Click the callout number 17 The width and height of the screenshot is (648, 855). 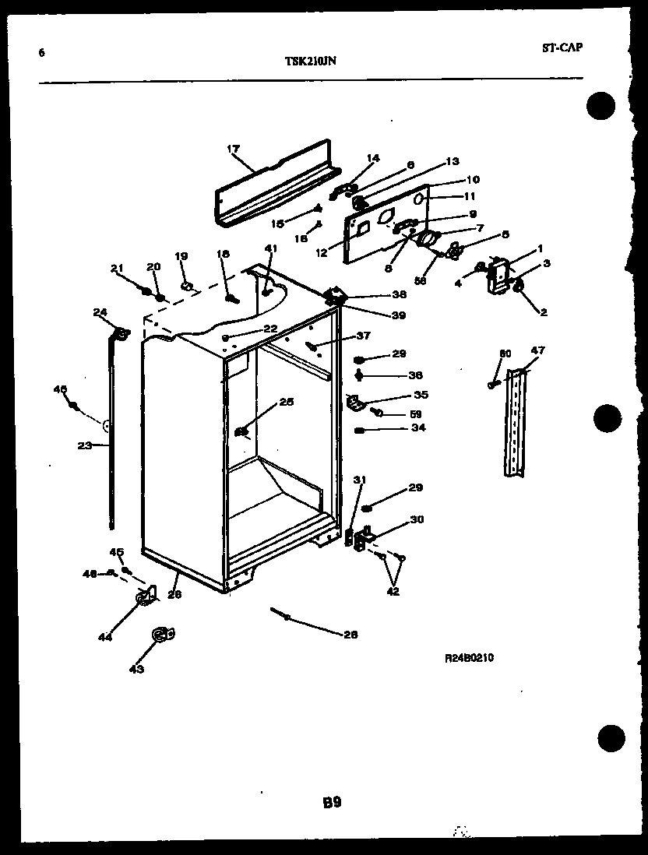232,148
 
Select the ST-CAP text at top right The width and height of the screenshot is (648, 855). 562,47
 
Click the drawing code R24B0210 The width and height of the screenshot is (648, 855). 468,658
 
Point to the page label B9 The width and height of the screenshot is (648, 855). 332,801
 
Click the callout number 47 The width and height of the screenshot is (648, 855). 539,350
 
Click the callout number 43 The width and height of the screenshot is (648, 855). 136,667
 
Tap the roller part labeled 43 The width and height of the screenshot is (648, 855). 160,635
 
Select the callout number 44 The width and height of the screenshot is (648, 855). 104,637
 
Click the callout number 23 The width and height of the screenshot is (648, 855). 84,445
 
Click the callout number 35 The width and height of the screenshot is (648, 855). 421,395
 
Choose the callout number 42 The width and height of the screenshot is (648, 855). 392,592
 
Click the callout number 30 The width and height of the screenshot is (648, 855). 417,519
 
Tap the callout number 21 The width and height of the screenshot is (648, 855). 117,269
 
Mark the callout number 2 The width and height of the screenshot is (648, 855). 542,312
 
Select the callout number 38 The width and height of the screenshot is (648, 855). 399,296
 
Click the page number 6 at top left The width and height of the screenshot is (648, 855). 40,53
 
